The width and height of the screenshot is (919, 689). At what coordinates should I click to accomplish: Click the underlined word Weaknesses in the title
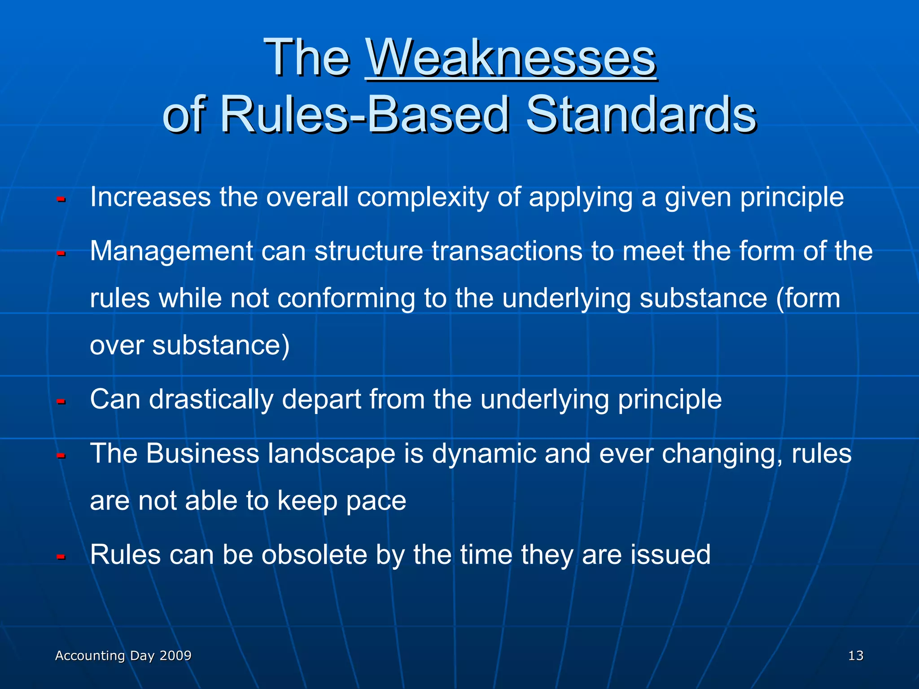click(x=511, y=58)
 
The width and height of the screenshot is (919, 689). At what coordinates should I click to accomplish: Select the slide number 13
click(x=855, y=656)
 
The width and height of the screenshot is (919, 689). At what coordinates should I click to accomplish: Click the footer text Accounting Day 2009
click(x=123, y=656)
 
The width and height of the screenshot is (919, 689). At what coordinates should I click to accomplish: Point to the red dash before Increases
click(x=61, y=199)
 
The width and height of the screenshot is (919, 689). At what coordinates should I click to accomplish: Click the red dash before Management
click(x=61, y=254)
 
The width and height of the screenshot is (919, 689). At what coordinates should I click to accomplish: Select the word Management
click(x=171, y=252)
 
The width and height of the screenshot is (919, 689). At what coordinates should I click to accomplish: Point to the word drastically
click(x=210, y=399)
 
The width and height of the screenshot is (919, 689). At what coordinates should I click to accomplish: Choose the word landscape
click(x=332, y=454)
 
